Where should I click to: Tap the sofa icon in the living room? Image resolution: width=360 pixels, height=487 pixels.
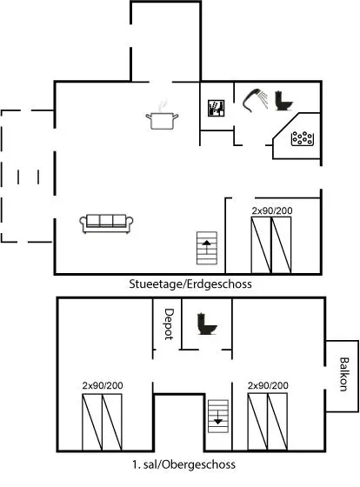click(106, 223)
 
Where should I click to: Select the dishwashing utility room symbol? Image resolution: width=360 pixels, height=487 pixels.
click(216, 108)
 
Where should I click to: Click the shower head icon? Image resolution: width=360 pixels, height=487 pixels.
click(256, 99)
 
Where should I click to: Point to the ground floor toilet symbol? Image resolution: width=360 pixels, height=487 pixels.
click(283, 101)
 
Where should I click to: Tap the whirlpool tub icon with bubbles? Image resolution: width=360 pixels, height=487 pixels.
click(302, 138)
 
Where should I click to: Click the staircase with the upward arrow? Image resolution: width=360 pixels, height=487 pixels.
click(207, 248)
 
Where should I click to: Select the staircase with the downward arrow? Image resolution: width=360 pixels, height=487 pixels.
click(218, 417)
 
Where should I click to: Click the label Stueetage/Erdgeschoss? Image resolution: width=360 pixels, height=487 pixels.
click(190, 284)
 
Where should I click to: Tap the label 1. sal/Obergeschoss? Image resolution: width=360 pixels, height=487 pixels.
click(183, 464)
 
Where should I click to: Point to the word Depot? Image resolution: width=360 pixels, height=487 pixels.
click(169, 324)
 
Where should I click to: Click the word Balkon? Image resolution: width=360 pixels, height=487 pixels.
click(343, 374)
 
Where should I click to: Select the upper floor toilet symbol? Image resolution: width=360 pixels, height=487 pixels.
click(207, 324)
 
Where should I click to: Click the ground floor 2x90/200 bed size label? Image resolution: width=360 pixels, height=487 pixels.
click(272, 210)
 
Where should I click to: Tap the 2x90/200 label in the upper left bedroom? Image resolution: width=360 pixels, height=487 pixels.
click(103, 385)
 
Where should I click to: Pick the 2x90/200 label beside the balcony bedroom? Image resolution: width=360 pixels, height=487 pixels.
click(268, 385)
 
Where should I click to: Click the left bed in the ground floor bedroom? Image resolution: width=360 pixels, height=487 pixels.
click(261, 245)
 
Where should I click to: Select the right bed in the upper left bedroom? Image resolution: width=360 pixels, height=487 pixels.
click(112, 422)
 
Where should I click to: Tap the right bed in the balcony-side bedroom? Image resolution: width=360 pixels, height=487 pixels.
click(277, 422)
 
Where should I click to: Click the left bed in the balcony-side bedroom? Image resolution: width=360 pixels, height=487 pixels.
click(257, 422)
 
